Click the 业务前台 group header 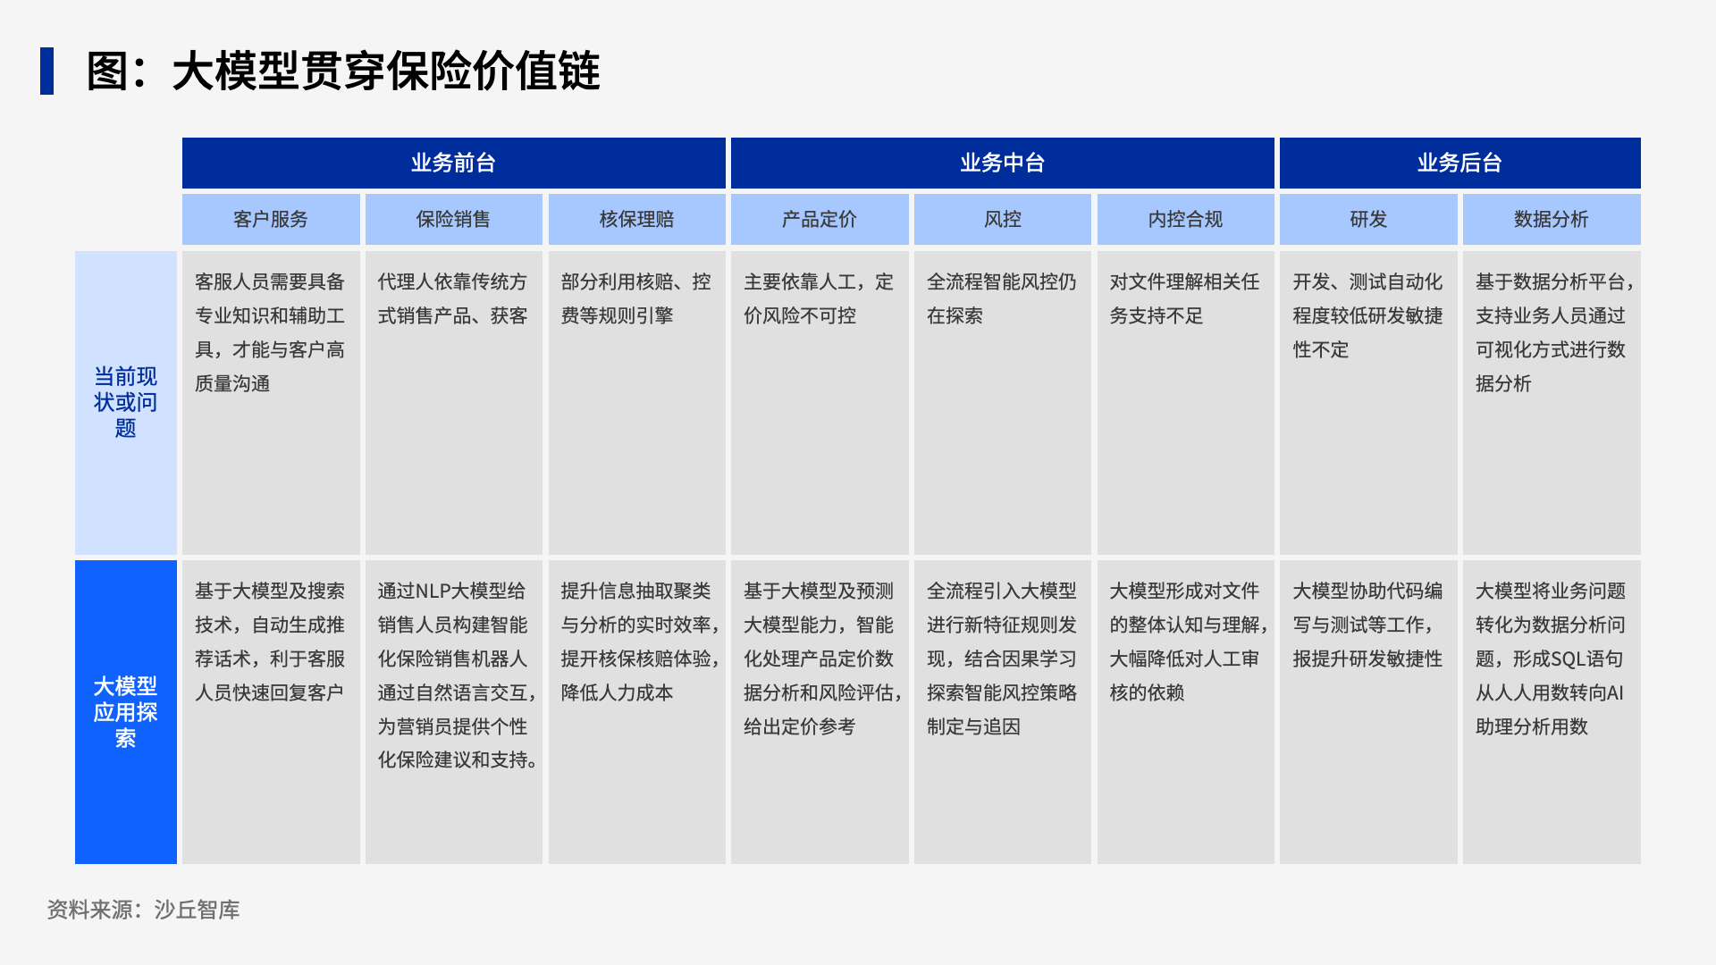pyautogui.click(x=453, y=163)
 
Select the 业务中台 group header pyautogui.click(x=1002, y=163)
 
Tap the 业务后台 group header pyautogui.click(x=1459, y=163)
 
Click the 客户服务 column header pyautogui.click(x=271, y=219)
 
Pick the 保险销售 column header pyautogui.click(x=453, y=219)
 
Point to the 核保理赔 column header pyautogui.click(x=636, y=219)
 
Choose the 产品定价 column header pyautogui.click(x=820, y=219)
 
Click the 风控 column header pyautogui.click(x=1002, y=219)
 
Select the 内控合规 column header pyautogui.click(x=1185, y=219)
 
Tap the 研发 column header pyautogui.click(x=1368, y=219)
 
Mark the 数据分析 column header pyautogui.click(x=1552, y=219)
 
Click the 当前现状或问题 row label pyautogui.click(x=126, y=402)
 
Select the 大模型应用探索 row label pyautogui.click(x=126, y=712)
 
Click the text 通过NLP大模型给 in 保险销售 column pyautogui.click(x=451, y=592)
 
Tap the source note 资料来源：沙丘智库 pyautogui.click(x=143, y=910)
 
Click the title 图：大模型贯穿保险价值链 pyautogui.click(x=342, y=71)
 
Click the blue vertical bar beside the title pyautogui.click(x=46, y=71)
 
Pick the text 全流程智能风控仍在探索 pyautogui.click(x=1001, y=298)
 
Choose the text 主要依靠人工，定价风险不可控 pyautogui.click(x=819, y=298)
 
